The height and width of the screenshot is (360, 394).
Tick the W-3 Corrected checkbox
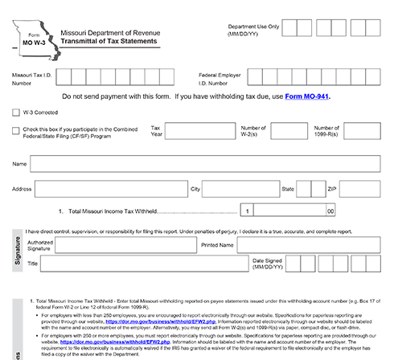click(17, 112)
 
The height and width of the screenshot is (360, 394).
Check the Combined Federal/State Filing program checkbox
click(17, 129)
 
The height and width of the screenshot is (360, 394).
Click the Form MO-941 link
click(303, 96)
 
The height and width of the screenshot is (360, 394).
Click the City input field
click(238, 190)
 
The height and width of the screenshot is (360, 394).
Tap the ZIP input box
click(362, 190)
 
